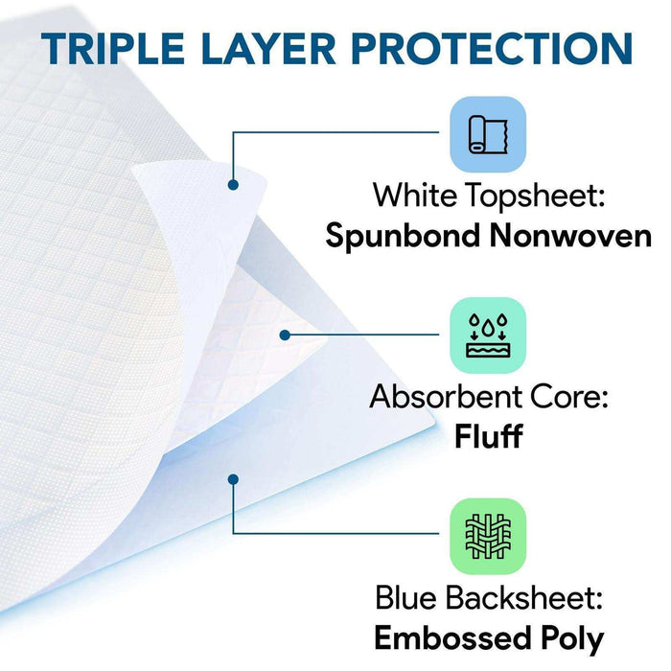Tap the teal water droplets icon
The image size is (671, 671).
tap(488, 334)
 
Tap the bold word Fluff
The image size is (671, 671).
tap(488, 436)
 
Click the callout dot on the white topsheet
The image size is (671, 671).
tap(233, 183)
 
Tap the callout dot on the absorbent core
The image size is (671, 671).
tap(286, 335)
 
